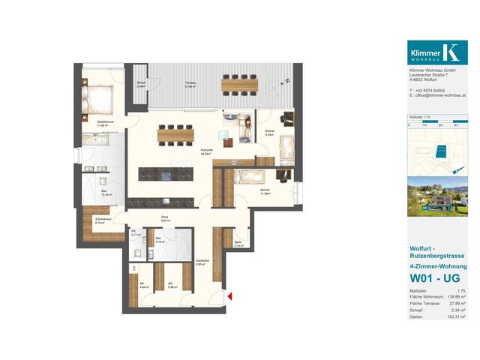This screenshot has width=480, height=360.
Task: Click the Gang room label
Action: [165, 219]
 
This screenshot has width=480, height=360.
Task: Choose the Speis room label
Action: [238, 244]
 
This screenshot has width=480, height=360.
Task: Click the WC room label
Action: [135, 233]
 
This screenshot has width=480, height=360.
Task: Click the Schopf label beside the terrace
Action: [141, 85]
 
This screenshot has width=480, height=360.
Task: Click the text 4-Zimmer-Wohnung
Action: [437, 266]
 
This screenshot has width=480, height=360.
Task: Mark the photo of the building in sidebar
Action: [437, 196]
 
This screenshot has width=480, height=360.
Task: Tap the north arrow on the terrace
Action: [286, 81]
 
